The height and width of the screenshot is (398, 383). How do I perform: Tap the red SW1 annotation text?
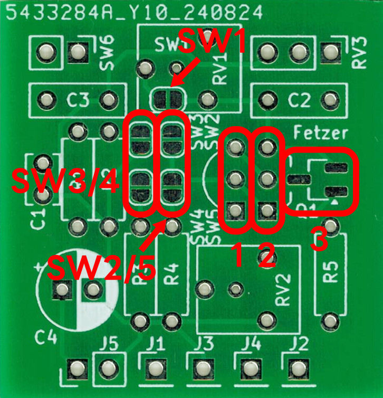212,42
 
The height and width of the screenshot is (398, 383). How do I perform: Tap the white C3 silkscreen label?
78,99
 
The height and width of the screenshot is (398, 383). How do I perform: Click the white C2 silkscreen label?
299,99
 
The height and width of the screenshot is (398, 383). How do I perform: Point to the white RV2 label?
284,289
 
